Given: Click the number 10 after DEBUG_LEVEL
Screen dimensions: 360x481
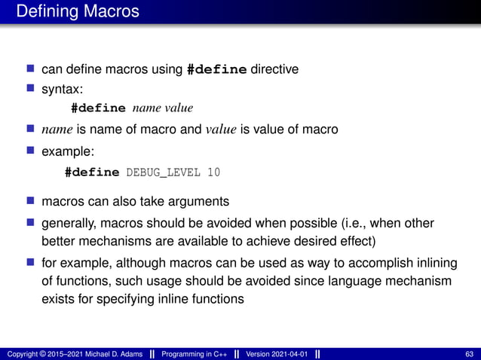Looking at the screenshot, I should (x=213, y=172).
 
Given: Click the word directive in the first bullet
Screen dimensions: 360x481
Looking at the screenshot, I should (x=274, y=69).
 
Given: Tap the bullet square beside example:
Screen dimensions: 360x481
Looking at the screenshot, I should (x=31, y=151).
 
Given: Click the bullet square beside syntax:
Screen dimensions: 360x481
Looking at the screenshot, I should (x=31, y=89).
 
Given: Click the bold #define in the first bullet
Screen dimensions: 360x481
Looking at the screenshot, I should (x=216, y=70).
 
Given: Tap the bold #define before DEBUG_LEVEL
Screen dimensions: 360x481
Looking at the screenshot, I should (x=93, y=172).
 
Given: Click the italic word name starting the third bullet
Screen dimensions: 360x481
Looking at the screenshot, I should (x=57, y=130).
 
